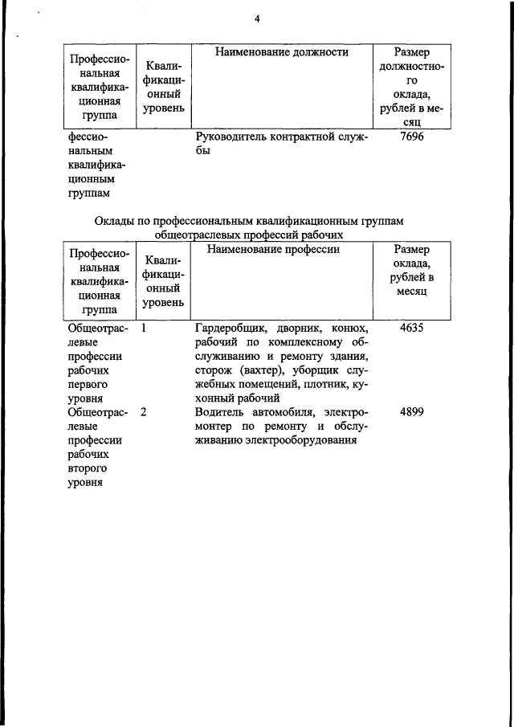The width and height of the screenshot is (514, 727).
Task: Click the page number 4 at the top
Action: tap(257, 18)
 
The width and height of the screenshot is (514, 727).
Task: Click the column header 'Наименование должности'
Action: tap(281, 52)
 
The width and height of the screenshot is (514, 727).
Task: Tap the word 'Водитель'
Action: tap(220, 412)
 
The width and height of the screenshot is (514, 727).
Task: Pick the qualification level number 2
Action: tap(143, 412)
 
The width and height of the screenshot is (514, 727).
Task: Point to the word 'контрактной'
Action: tap(300, 137)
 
